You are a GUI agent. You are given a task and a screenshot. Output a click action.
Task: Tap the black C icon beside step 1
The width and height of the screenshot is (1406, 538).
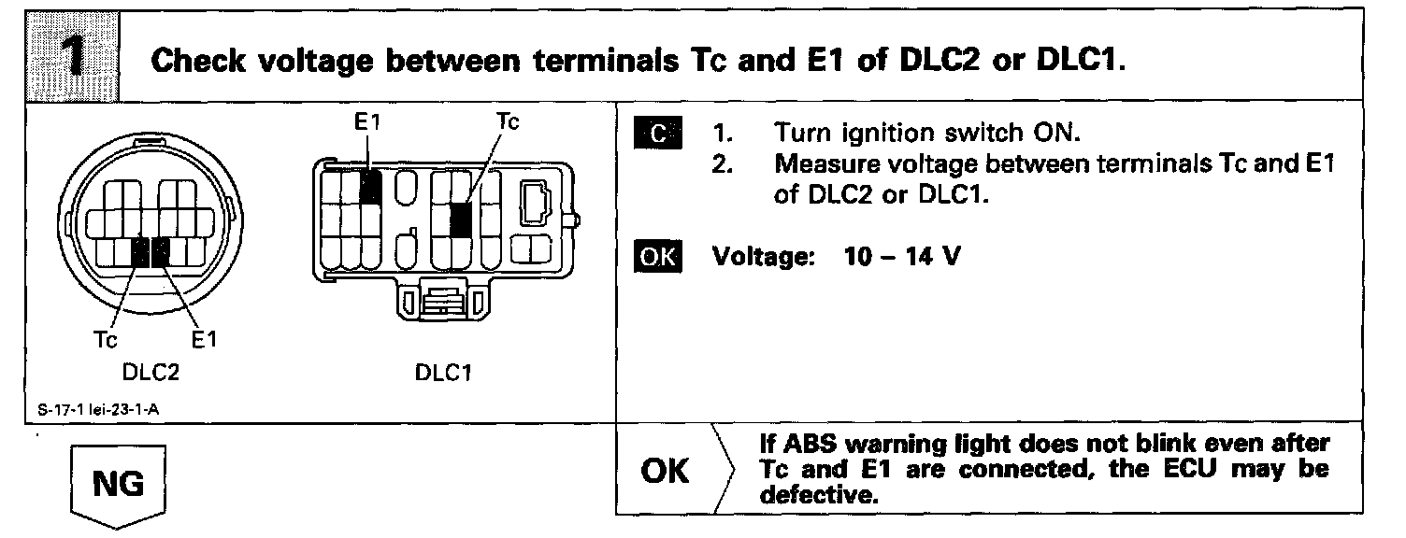[658, 134]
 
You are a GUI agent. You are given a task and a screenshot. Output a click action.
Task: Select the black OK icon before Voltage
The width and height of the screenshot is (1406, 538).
[658, 256]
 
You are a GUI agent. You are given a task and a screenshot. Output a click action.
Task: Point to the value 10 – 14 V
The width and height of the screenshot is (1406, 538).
[901, 256]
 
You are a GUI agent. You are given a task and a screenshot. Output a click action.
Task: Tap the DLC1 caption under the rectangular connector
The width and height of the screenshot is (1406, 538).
[442, 373]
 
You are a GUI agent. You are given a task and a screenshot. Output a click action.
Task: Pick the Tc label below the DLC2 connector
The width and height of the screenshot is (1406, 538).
[106, 341]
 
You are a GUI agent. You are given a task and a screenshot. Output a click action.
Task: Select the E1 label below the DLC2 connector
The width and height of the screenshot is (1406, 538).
[202, 341]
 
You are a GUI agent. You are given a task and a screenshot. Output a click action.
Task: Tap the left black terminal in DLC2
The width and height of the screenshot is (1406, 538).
[140, 251]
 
